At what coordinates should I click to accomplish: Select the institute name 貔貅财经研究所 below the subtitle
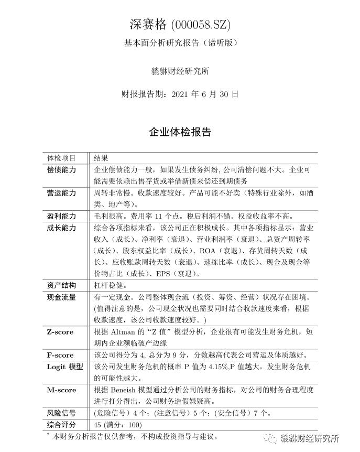pyautogui.click(x=180, y=71)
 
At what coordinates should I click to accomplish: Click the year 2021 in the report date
pyautogui.click(x=181, y=94)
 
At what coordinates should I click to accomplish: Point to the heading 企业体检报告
pyautogui.click(x=180, y=131)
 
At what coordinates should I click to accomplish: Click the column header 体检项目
pyautogui.click(x=61, y=158)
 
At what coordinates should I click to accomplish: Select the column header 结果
pyautogui.click(x=101, y=158)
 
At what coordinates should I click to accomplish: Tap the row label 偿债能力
pyautogui.click(x=61, y=170)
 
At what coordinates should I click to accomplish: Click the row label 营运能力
pyautogui.click(x=61, y=193)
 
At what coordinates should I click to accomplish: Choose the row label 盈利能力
pyautogui.click(x=61, y=216)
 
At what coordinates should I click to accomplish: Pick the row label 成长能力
pyautogui.click(x=61, y=228)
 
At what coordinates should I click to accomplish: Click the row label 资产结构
pyautogui.click(x=61, y=285)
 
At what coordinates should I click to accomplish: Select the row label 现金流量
pyautogui.click(x=61, y=297)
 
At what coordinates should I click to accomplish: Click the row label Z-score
pyautogui.click(x=60, y=332)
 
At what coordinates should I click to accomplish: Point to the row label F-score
pyautogui.click(x=60, y=355)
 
